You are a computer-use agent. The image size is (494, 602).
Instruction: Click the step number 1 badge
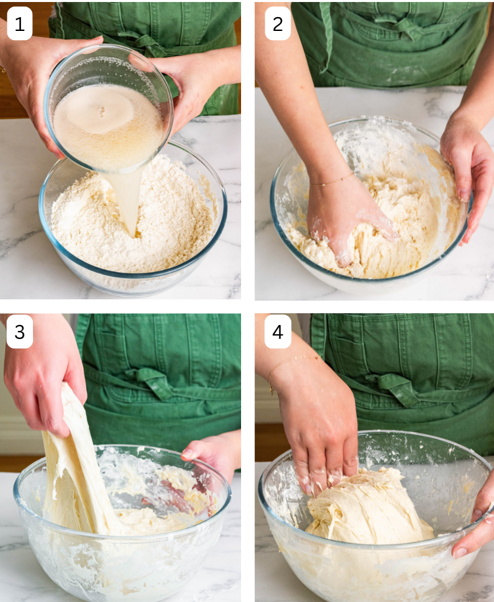click(19, 24)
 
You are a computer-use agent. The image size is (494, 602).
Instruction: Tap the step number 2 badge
click(277, 24)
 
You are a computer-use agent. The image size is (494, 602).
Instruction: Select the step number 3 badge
click(19, 332)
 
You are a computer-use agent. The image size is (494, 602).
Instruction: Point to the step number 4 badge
click(277, 332)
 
